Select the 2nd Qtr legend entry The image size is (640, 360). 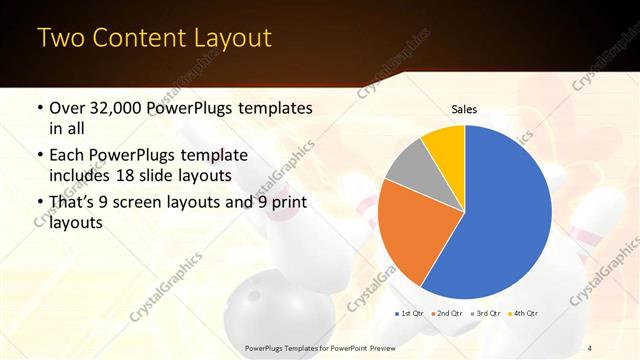point(446,314)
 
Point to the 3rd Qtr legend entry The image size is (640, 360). point(485,314)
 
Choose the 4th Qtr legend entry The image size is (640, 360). point(523,314)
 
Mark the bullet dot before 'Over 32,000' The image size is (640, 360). point(39,108)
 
